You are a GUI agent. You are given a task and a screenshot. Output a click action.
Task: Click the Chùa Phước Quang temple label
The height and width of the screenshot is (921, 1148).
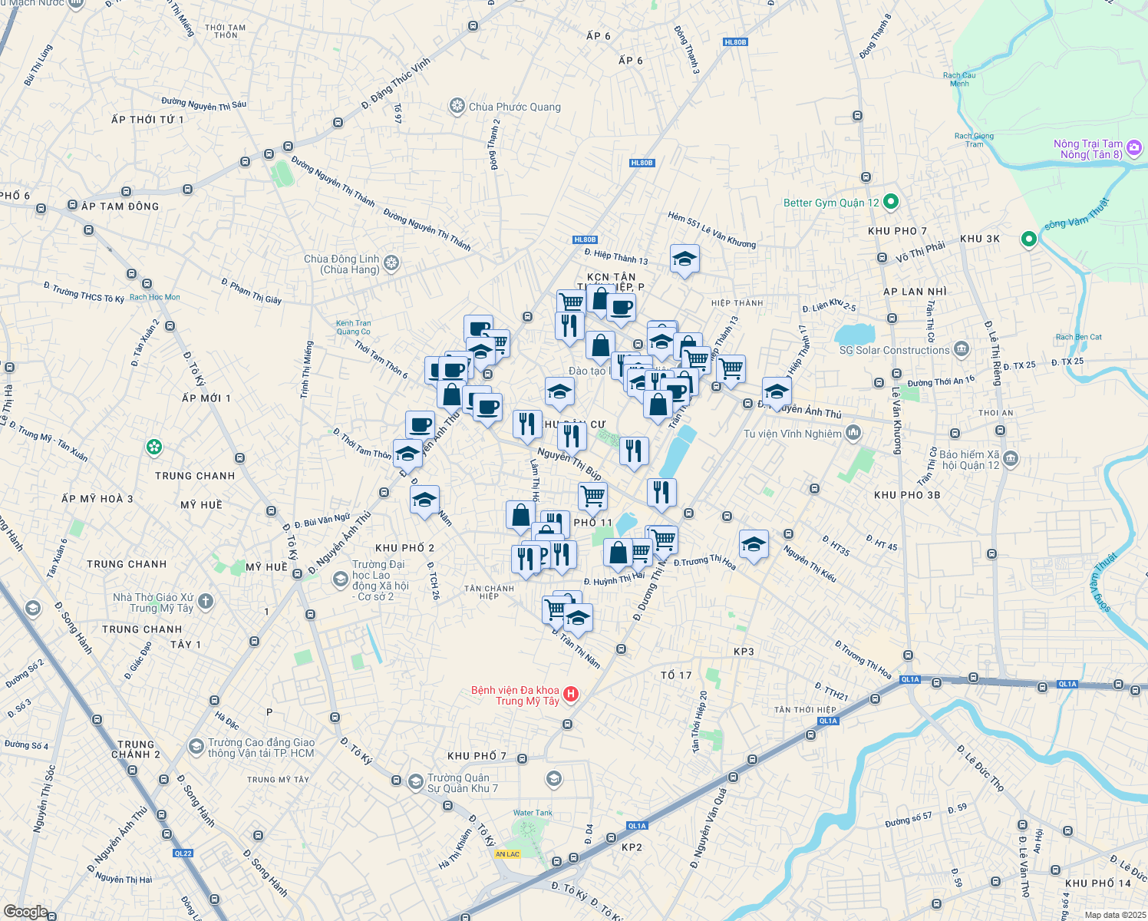[514, 107]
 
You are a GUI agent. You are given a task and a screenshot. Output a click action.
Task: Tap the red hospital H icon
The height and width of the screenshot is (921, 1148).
[571, 695]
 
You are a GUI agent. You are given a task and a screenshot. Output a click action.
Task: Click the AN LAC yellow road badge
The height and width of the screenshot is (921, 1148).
[507, 854]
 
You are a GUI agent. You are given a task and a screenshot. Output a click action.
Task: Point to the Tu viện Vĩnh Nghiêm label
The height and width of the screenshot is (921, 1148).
[793, 434]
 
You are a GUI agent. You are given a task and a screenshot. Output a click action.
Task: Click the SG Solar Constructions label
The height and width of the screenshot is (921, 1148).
[894, 350]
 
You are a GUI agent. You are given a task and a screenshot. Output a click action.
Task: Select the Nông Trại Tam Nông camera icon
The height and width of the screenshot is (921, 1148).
[1133, 148]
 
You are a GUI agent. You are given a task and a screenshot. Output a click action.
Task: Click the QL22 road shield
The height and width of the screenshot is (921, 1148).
[183, 853]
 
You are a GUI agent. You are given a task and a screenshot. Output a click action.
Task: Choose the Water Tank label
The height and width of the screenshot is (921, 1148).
[533, 813]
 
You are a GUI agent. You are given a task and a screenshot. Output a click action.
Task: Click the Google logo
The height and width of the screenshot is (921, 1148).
[25, 912]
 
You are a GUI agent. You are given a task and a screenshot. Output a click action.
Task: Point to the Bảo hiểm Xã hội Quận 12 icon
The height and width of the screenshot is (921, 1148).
[1011, 459]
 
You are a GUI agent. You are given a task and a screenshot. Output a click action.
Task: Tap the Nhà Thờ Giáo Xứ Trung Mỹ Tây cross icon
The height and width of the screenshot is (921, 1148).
[205, 602]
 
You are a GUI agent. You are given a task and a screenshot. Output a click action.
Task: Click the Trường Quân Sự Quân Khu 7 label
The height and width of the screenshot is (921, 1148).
[462, 783]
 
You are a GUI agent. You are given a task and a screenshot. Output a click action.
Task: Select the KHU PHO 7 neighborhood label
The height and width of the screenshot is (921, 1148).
[897, 231]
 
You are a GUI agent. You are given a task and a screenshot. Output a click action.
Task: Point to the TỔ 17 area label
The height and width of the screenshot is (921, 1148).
[676, 675]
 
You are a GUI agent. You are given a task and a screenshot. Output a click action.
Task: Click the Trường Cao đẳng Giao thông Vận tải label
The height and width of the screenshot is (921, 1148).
[261, 748]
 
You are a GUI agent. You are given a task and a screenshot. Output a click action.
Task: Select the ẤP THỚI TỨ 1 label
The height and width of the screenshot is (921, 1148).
[147, 120]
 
